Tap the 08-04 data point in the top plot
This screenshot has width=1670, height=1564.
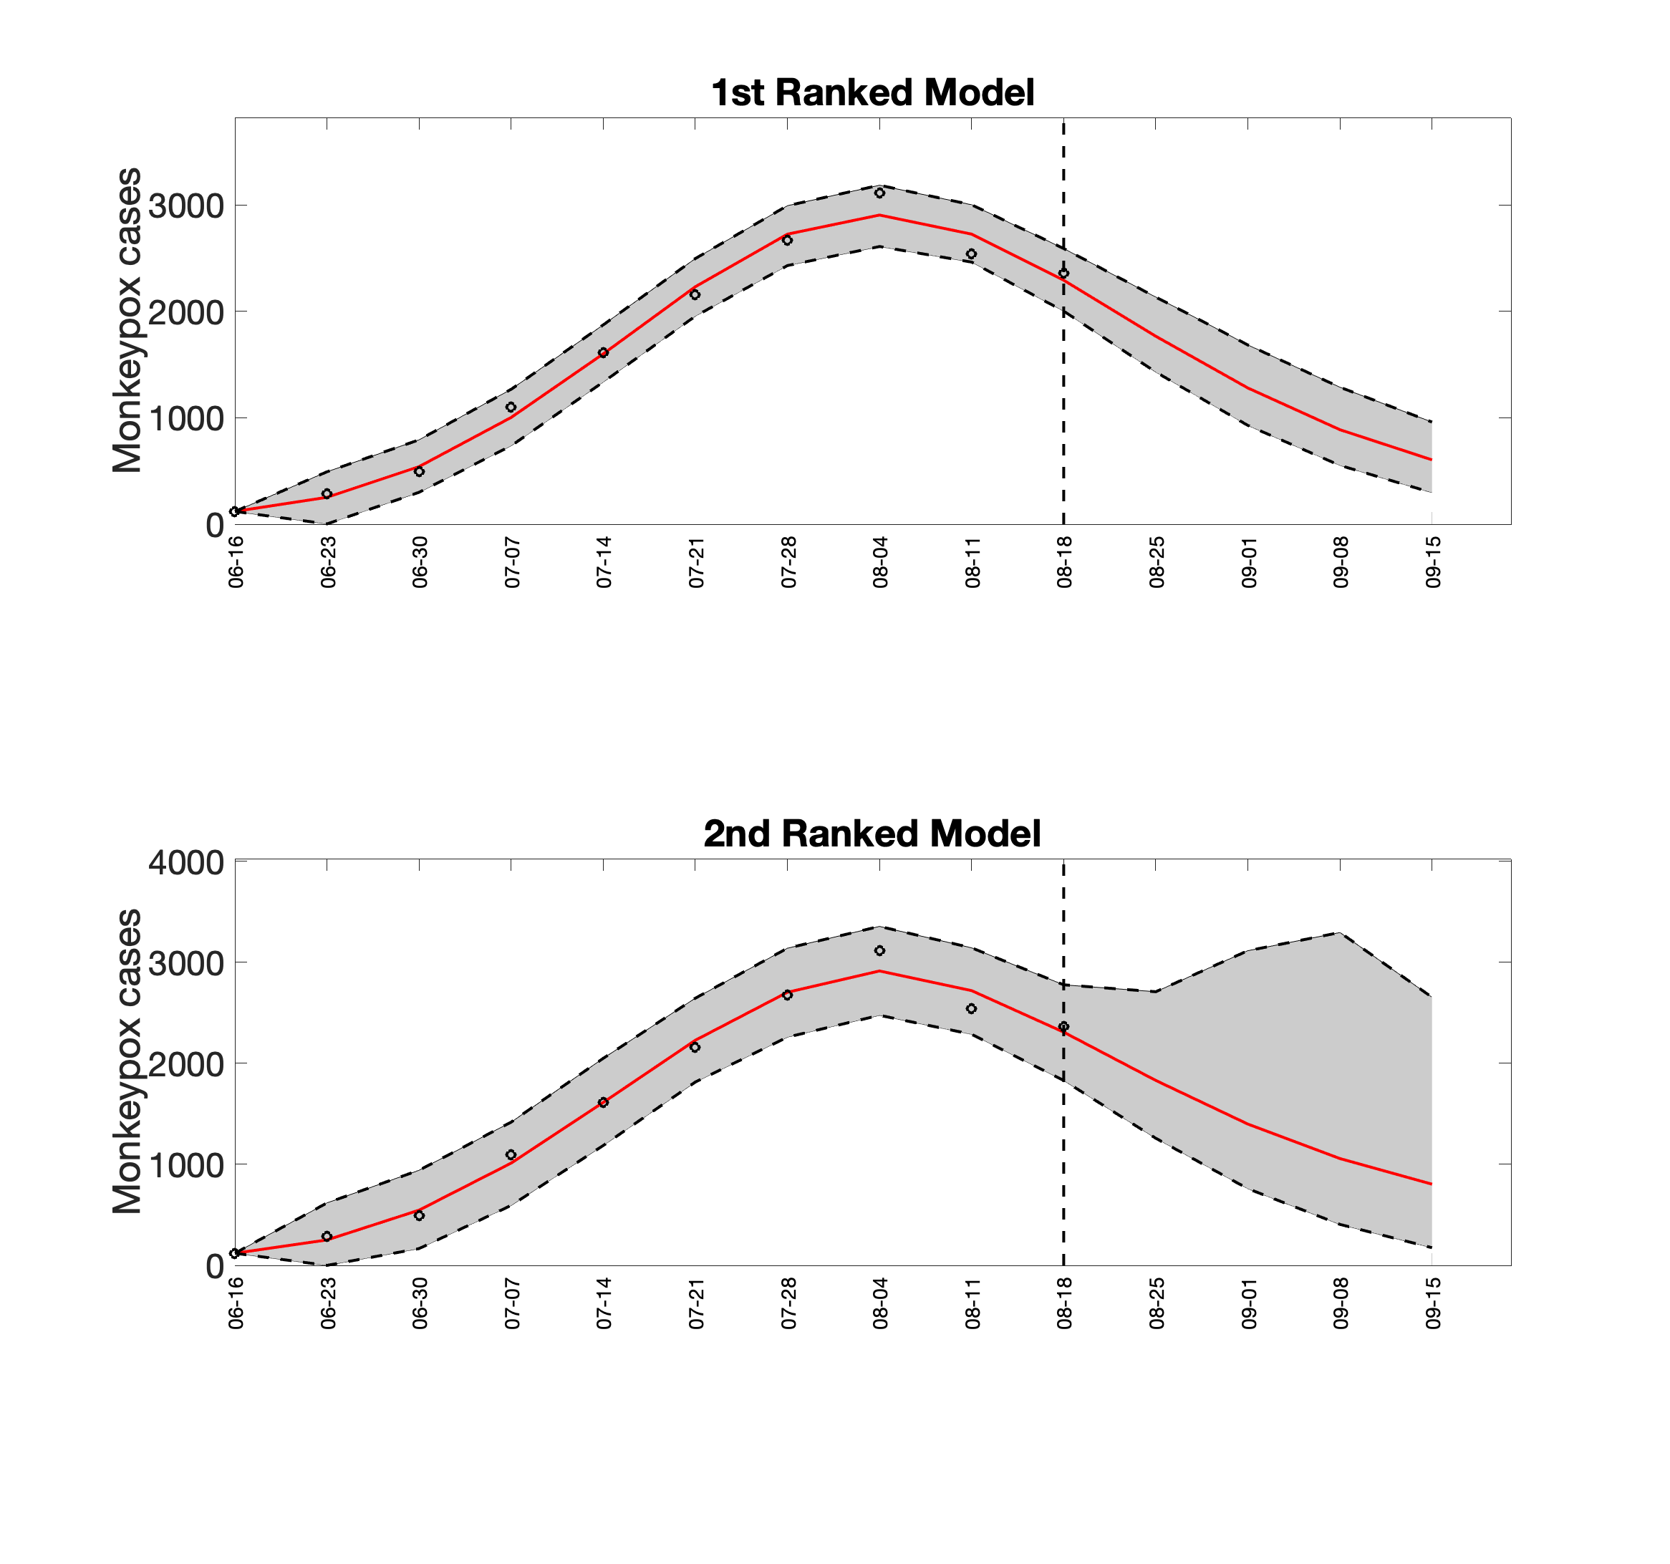879,193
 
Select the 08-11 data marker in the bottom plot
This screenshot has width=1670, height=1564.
971,1009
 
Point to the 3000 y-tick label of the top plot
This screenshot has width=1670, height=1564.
186,206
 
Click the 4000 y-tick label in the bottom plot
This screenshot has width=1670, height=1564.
186,863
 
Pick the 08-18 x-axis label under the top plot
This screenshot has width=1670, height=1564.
1064,563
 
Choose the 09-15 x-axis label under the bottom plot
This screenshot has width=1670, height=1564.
1433,1303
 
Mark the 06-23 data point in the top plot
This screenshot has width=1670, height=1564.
327,494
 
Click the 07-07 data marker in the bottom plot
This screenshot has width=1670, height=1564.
511,1155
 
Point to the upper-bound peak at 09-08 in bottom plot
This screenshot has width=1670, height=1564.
1339,932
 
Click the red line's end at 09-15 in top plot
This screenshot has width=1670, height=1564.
1432,460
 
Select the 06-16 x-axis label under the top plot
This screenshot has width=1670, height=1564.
236,563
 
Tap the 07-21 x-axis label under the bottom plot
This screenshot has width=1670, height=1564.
696,1303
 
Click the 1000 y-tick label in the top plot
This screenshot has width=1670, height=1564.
186,418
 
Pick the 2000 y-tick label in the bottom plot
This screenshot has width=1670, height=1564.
186,1064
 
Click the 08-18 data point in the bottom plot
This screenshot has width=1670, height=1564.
1063,1026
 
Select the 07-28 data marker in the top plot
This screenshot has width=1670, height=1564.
787,240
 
